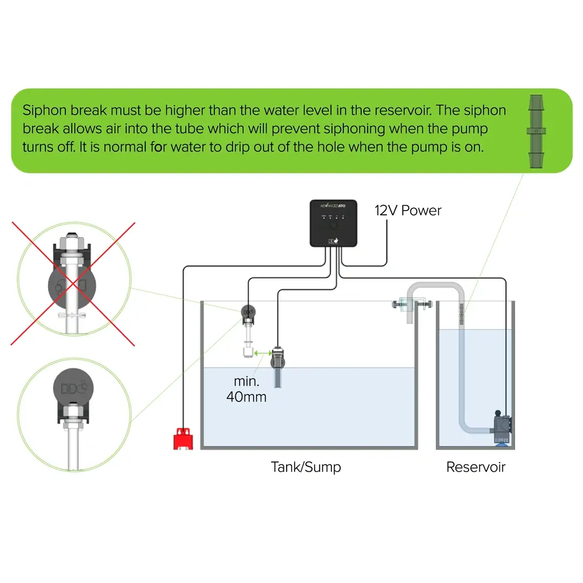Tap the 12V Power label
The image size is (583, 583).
tap(408, 211)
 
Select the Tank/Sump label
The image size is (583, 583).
tap(306, 466)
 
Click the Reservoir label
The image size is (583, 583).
tap(476, 466)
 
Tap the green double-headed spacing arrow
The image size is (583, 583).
tap(263, 353)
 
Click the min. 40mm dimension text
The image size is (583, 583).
tap(246, 389)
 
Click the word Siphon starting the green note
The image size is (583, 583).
tap(44, 111)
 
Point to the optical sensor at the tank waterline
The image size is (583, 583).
tap(277, 364)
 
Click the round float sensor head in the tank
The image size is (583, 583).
tap(248, 313)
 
